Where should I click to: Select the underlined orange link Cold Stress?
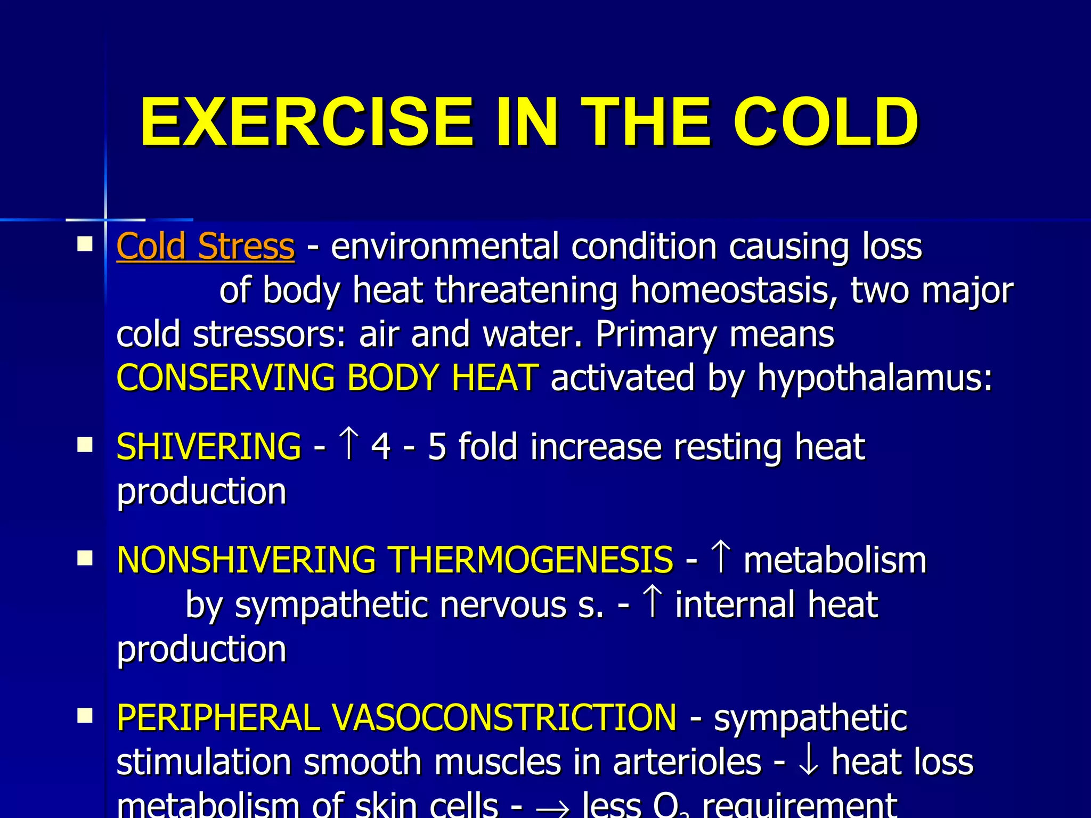pyautogui.click(x=205, y=247)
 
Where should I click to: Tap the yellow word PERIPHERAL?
pyautogui.click(x=218, y=717)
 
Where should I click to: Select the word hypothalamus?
pyautogui.click(x=875, y=379)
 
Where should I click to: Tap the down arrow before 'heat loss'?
pyautogui.click(x=809, y=762)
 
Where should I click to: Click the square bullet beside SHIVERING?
pyautogui.click(x=85, y=445)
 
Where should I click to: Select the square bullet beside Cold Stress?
pyautogui.click(x=85, y=244)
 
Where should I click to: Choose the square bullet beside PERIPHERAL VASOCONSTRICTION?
pyautogui.click(x=85, y=716)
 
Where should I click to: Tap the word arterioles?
pyautogui.click(x=687, y=762)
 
